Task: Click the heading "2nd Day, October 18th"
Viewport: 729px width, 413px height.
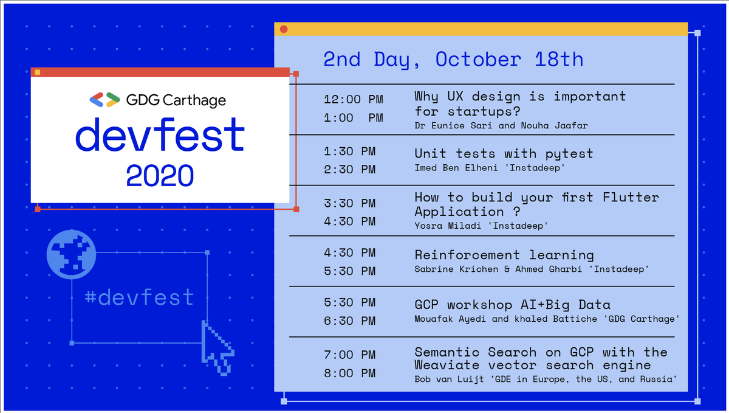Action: coord(453,60)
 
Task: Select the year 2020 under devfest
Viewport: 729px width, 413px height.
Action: coord(160,175)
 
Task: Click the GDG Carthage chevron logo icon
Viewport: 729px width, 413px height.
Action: coord(104,100)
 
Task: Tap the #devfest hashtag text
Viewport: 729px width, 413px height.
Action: coord(139,298)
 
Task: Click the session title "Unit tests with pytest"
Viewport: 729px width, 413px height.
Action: coord(504,153)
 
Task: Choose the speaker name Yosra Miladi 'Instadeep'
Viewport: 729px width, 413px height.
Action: coord(481,226)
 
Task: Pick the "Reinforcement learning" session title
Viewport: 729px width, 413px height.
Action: coord(504,255)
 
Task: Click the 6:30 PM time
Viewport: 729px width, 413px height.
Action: coord(350,321)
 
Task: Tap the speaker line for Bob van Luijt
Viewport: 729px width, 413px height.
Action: coord(546,380)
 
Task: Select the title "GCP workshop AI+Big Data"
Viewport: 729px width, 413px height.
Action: coord(512,305)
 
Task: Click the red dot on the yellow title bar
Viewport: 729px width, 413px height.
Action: coord(284,29)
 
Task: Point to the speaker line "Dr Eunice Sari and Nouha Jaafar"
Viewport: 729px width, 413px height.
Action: coord(501,125)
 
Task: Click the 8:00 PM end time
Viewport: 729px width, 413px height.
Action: coord(350,373)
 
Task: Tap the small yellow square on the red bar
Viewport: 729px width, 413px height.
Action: coord(38,72)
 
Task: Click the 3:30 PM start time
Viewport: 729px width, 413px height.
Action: coord(350,203)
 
